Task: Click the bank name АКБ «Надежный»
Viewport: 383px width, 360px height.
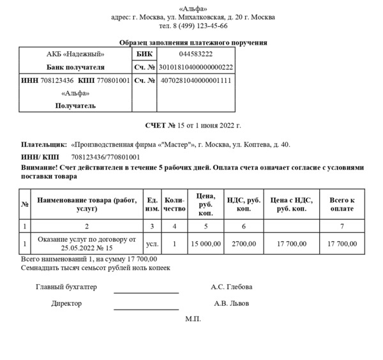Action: pos(75,54)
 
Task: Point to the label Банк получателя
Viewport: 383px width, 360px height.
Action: pos(75,67)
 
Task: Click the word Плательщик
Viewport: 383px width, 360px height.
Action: pos(44,145)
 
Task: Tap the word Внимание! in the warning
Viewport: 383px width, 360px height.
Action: pos(41,167)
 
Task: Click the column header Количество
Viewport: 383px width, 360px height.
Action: pos(174,204)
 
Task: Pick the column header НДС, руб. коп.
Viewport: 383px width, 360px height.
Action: pos(244,204)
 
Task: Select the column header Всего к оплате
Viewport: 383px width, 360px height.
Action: pos(342,204)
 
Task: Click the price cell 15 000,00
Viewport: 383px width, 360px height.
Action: pos(206,244)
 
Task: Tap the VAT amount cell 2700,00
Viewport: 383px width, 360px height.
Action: pos(244,244)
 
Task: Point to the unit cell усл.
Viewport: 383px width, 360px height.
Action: pos(152,244)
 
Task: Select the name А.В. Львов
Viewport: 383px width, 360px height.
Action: pos(232,304)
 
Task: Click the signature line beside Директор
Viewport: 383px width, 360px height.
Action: pos(146,308)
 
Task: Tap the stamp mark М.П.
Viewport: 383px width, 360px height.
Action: pos(193,319)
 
